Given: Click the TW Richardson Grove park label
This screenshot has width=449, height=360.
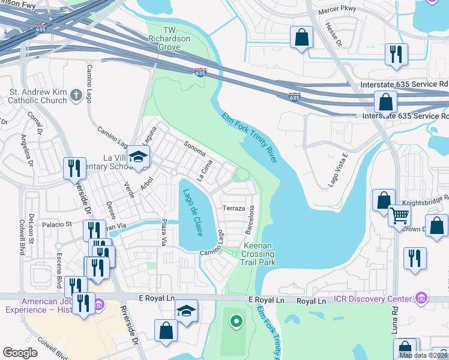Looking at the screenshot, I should click(169, 38).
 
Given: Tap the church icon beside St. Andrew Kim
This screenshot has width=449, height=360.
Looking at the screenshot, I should click(76, 95).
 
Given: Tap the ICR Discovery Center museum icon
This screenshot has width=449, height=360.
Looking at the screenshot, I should click(421, 298).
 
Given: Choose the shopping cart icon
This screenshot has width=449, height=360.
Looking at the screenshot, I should click(399, 215).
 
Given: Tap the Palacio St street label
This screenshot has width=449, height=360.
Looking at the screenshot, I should click(57, 224).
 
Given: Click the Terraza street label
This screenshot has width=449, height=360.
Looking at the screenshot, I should click(234, 208).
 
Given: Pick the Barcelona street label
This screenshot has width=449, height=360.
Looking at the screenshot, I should click(251, 220).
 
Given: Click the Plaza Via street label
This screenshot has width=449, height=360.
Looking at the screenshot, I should click(163, 232).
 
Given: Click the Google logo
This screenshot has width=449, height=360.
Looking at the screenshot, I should click(20, 353).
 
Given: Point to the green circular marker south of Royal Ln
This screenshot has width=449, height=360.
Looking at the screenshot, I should click(237, 322).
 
